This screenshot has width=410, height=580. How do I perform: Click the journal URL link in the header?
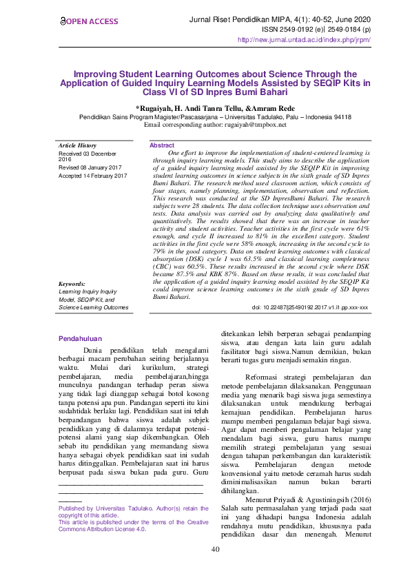coord(304,40)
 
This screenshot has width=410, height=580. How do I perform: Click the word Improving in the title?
coord(97,72)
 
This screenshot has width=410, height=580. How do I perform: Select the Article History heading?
coord(77,145)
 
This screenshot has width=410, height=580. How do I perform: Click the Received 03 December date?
coord(87,153)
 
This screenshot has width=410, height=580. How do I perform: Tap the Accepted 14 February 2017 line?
coord(93,176)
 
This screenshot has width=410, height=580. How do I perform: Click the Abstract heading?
coord(162,145)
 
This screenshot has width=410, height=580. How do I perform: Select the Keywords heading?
coord(72,303)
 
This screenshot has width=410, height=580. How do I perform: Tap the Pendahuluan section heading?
coord(80,338)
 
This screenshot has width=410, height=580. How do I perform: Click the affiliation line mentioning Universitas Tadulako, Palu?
coord(214,117)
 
